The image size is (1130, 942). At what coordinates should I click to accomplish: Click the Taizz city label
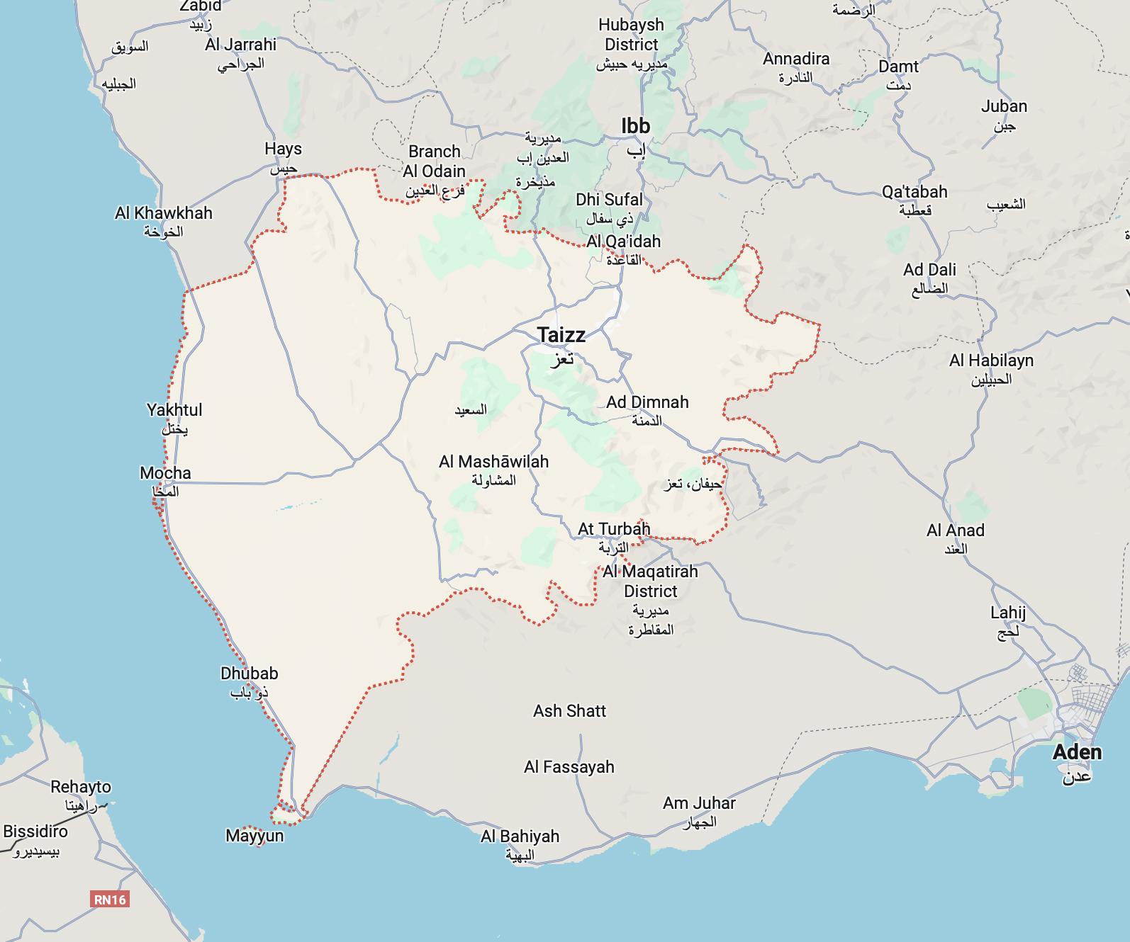pyautogui.click(x=561, y=335)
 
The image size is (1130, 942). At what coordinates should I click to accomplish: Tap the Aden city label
pyautogui.click(x=1077, y=753)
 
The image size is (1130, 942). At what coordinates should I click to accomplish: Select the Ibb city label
pyautogui.click(x=635, y=126)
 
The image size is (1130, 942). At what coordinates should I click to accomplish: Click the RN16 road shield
pyautogui.click(x=110, y=900)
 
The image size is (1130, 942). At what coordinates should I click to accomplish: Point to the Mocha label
pyautogui.click(x=165, y=473)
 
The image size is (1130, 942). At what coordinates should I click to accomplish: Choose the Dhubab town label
pyautogui.click(x=249, y=674)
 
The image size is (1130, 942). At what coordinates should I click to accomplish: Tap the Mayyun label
pyautogui.click(x=254, y=836)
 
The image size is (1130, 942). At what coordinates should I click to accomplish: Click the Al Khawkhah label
pyautogui.click(x=163, y=213)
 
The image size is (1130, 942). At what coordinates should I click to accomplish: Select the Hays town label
pyautogui.click(x=283, y=149)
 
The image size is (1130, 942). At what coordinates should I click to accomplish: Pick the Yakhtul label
pyautogui.click(x=174, y=410)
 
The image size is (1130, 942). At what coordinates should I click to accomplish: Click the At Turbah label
pyautogui.click(x=613, y=529)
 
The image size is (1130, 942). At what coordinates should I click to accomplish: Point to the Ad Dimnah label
pyautogui.click(x=647, y=402)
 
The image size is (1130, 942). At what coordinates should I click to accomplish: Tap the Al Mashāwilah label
pyautogui.click(x=493, y=462)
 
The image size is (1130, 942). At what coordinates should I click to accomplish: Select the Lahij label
pyautogui.click(x=1007, y=613)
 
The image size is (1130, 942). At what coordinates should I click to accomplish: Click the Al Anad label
pyautogui.click(x=955, y=530)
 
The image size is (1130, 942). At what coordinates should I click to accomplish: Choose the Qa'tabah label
pyautogui.click(x=914, y=192)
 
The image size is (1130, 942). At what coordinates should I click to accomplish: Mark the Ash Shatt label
pyautogui.click(x=569, y=711)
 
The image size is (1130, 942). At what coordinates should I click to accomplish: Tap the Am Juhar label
pyautogui.click(x=699, y=803)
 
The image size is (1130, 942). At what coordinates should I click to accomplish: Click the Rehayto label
pyautogui.click(x=81, y=787)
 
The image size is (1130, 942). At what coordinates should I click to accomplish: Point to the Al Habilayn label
pyautogui.click(x=991, y=361)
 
